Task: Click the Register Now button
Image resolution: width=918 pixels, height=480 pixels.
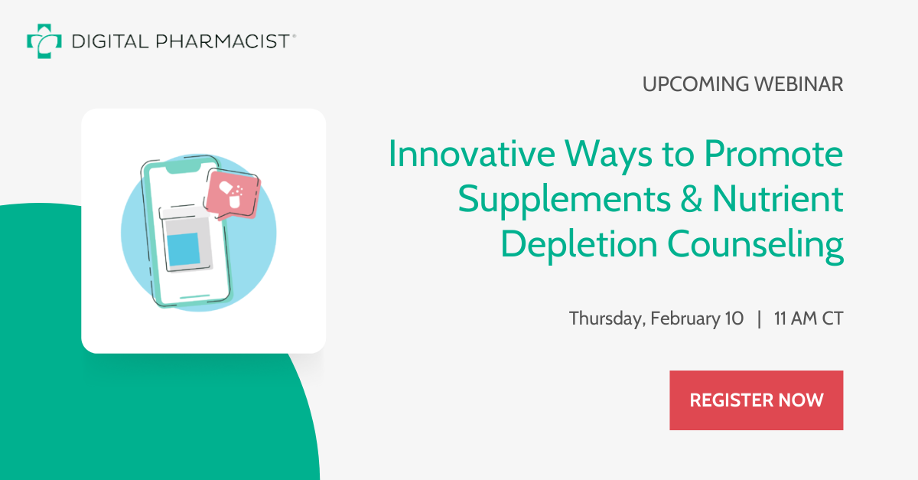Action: click(756, 400)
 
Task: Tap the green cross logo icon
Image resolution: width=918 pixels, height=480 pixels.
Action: click(44, 41)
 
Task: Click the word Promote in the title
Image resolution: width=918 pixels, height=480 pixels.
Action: click(773, 155)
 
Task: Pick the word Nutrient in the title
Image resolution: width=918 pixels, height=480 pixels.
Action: click(778, 200)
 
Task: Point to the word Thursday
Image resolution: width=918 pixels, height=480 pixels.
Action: click(606, 318)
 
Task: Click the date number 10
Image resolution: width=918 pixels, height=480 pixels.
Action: click(733, 318)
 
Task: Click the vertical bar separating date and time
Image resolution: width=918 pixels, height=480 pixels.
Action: click(759, 318)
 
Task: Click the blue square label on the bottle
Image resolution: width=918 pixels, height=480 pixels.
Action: click(183, 250)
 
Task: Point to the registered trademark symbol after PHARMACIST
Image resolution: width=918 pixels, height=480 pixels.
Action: click(294, 34)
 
